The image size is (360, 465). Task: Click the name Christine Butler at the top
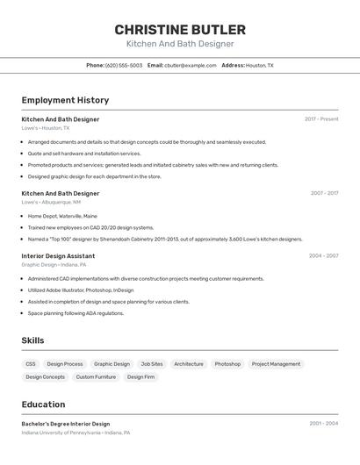click(x=180, y=29)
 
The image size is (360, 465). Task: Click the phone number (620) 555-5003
click(x=124, y=65)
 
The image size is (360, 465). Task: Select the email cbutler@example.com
click(x=190, y=65)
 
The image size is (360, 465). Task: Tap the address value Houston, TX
click(x=259, y=65)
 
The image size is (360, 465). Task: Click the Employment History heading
click(x=65, y=100)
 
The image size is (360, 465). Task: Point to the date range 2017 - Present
click(x=321, y=118)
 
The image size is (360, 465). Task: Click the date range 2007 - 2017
click(x=324, y=193)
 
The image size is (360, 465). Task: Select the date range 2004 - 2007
click(x=323, y=255)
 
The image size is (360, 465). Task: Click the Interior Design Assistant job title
click(x=58, y=256)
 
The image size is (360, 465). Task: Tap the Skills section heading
click(x=32, y=340)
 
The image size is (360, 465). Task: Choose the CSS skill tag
click(x=31, y=363)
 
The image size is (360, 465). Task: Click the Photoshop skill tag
click(x=227, y=363)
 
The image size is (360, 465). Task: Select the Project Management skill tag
click(x=276, y=363)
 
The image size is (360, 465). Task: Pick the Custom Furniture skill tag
click(x=96, y=376)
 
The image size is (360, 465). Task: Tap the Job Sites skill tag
click(x=152, y=363)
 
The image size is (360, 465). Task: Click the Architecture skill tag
click(x=189, y=363)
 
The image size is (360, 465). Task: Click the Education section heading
click(x=43, y=404)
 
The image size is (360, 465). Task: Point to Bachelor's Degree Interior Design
click(x=66, y=424)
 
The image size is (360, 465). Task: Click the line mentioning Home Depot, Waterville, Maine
click(x=62, y=216)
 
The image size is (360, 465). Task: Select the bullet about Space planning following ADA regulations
click(x=76, y=313)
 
